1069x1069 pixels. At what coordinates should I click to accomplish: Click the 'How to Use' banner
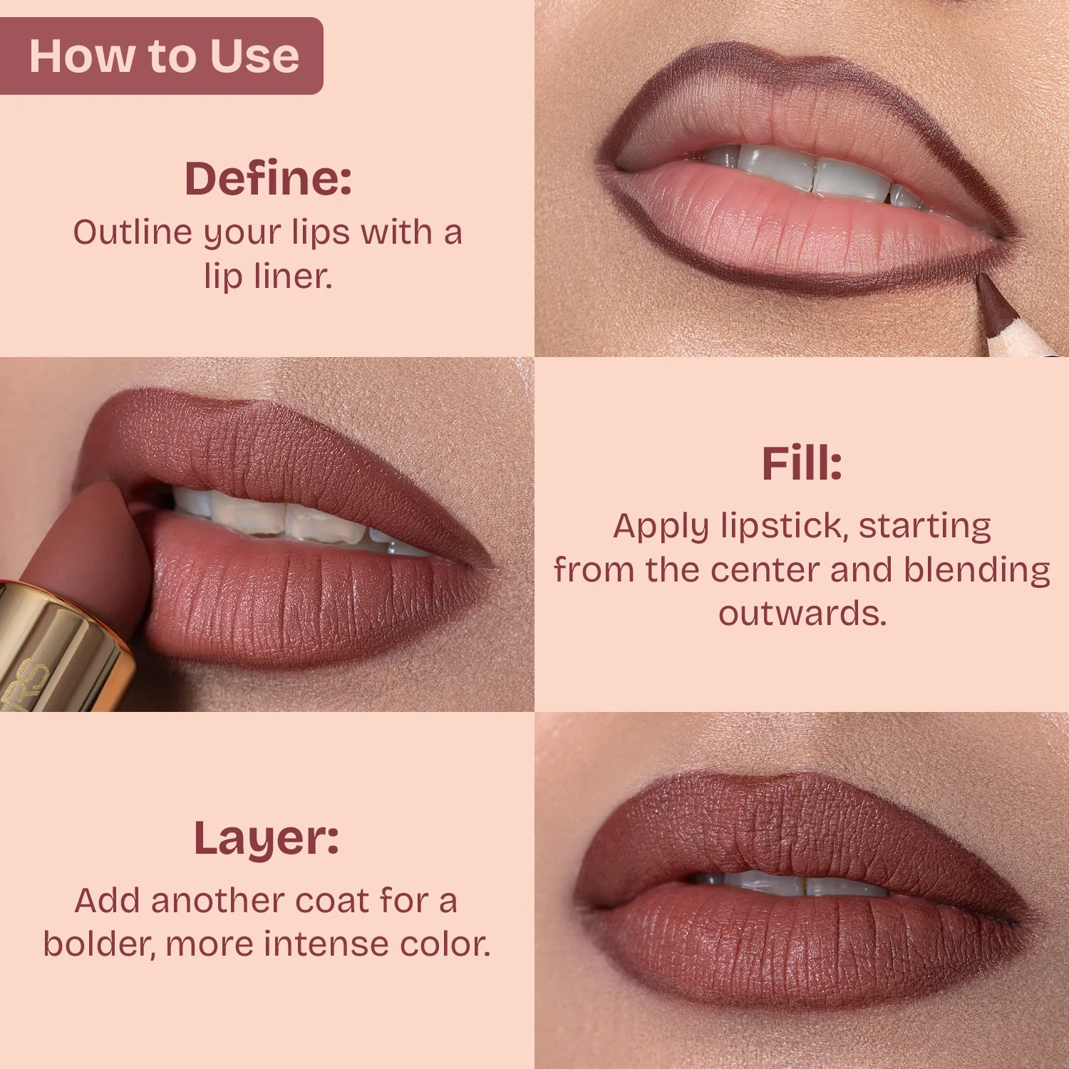coord(161,56)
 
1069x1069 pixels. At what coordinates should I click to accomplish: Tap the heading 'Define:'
coord(268,178)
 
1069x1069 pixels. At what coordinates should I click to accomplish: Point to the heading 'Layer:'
coord(267,839)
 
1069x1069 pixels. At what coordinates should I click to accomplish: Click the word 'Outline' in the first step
coord(133,232)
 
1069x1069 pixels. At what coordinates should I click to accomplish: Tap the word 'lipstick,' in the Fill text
coord(785,527)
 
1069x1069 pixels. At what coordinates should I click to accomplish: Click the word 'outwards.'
coord(802,614)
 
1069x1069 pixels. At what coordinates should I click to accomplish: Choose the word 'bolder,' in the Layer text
coord(100,944)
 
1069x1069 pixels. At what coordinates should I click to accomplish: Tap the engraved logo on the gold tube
coord(25,684)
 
